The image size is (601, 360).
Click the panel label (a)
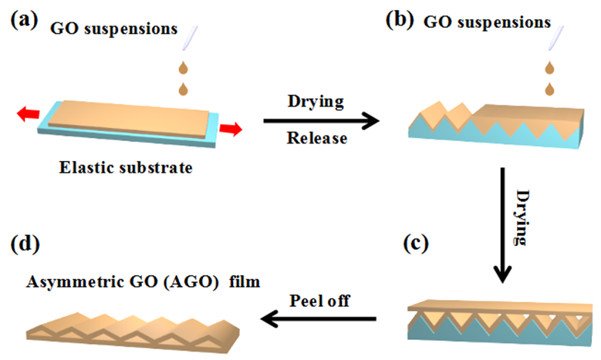[24, 21]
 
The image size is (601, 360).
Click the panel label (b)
[401, 21]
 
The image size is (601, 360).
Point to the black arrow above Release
[320, 120]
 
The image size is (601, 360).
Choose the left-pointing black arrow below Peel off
[319, 318]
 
